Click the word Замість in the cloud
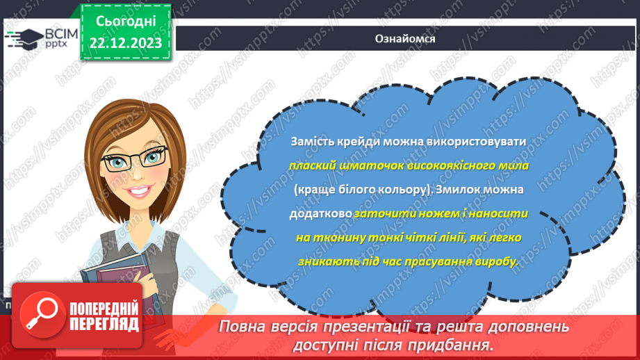click(x=310, y=142)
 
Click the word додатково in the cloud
click(x=320, y=214)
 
